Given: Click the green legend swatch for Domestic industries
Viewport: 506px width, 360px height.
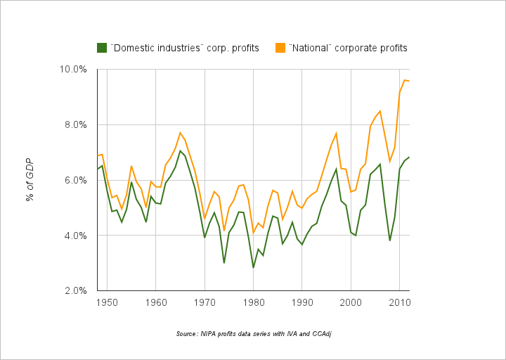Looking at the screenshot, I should coord(102,48).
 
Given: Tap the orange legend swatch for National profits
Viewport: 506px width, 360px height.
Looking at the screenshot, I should coord(280,48).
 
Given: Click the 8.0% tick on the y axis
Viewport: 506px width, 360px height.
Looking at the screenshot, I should coord(74,124).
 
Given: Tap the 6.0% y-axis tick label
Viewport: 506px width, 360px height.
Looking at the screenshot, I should coord(74,180).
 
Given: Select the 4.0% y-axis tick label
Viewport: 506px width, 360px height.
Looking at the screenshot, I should coord(74,235).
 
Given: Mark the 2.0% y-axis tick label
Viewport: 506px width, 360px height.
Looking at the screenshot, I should coord(74,290).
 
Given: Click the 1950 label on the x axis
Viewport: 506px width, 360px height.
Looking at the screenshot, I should coord(107,302).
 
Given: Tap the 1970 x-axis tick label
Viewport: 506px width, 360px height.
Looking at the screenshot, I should coord(205,302).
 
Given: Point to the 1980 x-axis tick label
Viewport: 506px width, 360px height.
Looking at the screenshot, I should coord(253,302).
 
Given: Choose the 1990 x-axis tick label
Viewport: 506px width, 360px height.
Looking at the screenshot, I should coord(302,302).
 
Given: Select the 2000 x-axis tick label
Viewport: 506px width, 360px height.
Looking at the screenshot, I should coord(351,302).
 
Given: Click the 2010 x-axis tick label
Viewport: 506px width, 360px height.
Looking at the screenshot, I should coord(399,302).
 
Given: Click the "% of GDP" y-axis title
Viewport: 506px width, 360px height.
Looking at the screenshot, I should coord(30,179).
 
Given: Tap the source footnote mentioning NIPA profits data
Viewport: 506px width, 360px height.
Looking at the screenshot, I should coord(253,333).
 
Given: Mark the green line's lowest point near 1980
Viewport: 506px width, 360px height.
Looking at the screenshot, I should coord(253,267).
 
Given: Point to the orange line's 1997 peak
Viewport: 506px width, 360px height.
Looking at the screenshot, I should coord(337,133).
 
